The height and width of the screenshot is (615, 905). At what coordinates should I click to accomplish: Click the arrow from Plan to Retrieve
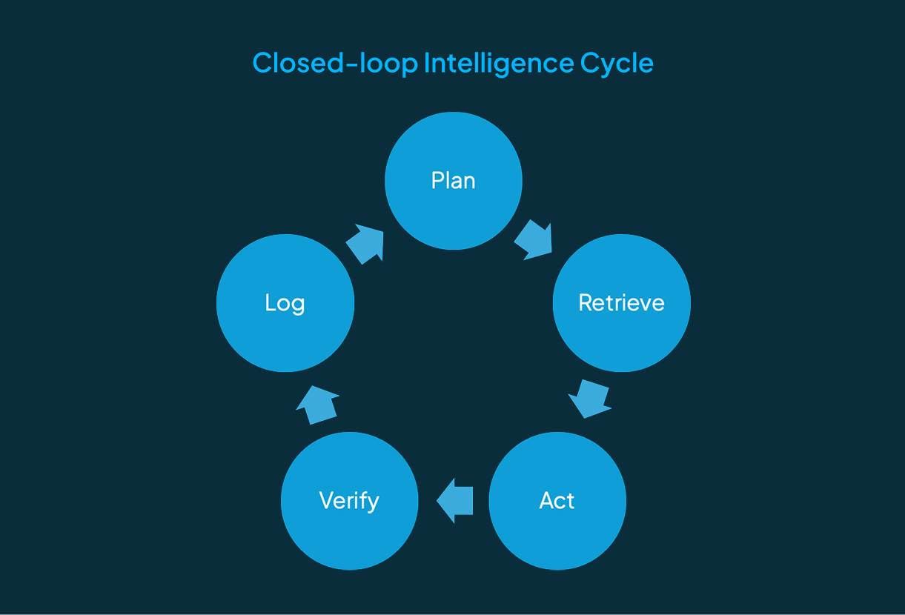(x=534, y=239)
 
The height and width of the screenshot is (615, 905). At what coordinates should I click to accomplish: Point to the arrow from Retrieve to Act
(x=589, y=399)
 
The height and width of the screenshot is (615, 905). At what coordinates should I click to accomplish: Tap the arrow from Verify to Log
(x=318, y=405)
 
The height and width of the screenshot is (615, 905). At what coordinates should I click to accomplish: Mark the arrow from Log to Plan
(x=365, y=243)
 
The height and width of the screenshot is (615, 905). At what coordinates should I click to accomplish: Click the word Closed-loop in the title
(x=335, y=64)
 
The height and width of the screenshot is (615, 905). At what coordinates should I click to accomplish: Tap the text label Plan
(x=453, y=181)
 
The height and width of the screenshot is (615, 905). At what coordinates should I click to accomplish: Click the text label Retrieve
(x=621, y=303)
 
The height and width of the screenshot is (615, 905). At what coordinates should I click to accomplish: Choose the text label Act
(x=557, y=501)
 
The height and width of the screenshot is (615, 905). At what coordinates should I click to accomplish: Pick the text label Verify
(x=349, y=501)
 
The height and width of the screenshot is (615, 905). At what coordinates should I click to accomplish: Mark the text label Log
(x=285, y=303)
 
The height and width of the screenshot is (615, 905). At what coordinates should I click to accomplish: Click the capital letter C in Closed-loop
(x=262, y=63)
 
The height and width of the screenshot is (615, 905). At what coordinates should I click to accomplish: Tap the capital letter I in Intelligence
(x=427, y=63)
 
